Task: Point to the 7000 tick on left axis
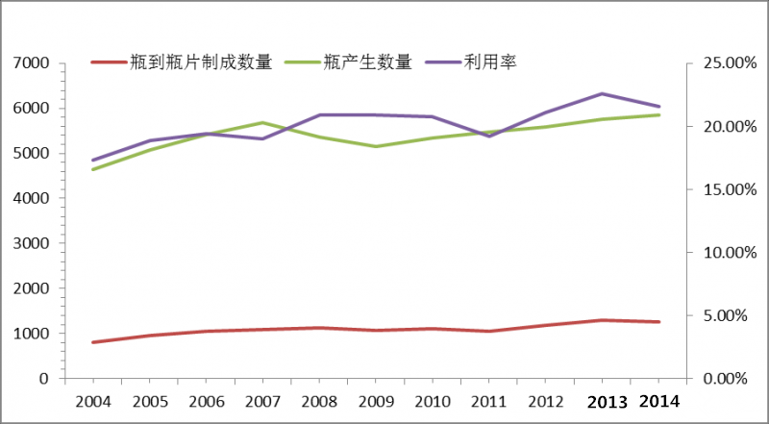click(x=33, y=63)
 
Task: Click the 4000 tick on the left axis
click(x=33, y=198)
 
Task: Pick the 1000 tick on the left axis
click(x=33, y=334)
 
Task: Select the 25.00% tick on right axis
click(x=718, y=63)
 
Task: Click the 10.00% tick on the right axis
click(x=718, y=253)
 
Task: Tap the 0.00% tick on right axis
click(x=721, y=379)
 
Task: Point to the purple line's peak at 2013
click(x=602, y=93)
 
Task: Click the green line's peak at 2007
click(x=262, y=122)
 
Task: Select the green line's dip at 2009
click(x=376, y=146)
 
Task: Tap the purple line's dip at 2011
click(x=489, y=137)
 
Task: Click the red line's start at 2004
click(x=93, y=342)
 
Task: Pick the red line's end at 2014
click(x=658, y=322)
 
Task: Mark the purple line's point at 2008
click(x=319, y=114)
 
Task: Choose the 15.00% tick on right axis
click(x=718, y=189)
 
